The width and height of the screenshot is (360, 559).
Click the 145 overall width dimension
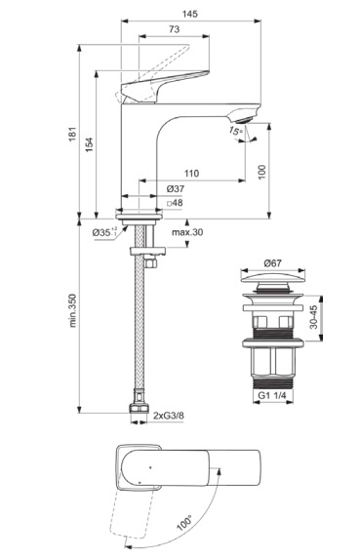189,14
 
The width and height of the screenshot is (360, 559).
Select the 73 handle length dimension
174,29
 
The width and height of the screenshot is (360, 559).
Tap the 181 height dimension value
73,134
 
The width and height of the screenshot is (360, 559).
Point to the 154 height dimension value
89,144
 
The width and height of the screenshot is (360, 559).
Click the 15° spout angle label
235,131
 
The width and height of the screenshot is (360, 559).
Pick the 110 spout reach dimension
191,174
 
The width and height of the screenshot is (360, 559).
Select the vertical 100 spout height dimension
262,173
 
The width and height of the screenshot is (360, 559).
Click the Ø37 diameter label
176,188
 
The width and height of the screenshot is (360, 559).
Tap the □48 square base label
175,203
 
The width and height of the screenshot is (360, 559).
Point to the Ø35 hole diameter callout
104,232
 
